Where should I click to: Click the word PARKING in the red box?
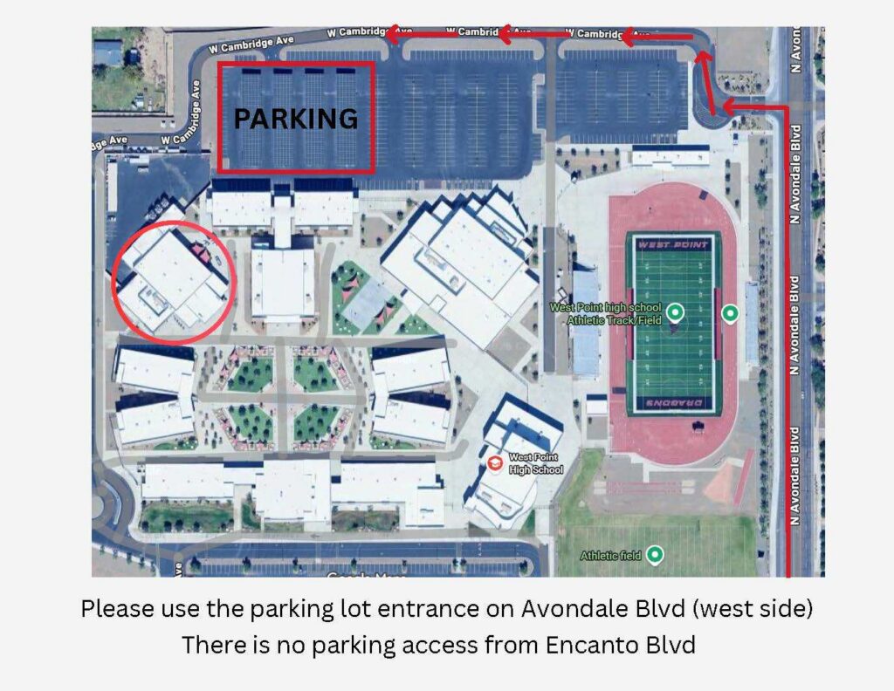click(295, 119)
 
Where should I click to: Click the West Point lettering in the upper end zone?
click(672, 244)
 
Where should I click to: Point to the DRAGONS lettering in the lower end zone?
click(672, 403)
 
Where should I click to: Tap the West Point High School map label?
click(535, 463)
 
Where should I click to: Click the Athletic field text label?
click(611, 556)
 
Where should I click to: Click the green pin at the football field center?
click(674, 311)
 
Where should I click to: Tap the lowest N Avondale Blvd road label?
click(795, 475)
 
